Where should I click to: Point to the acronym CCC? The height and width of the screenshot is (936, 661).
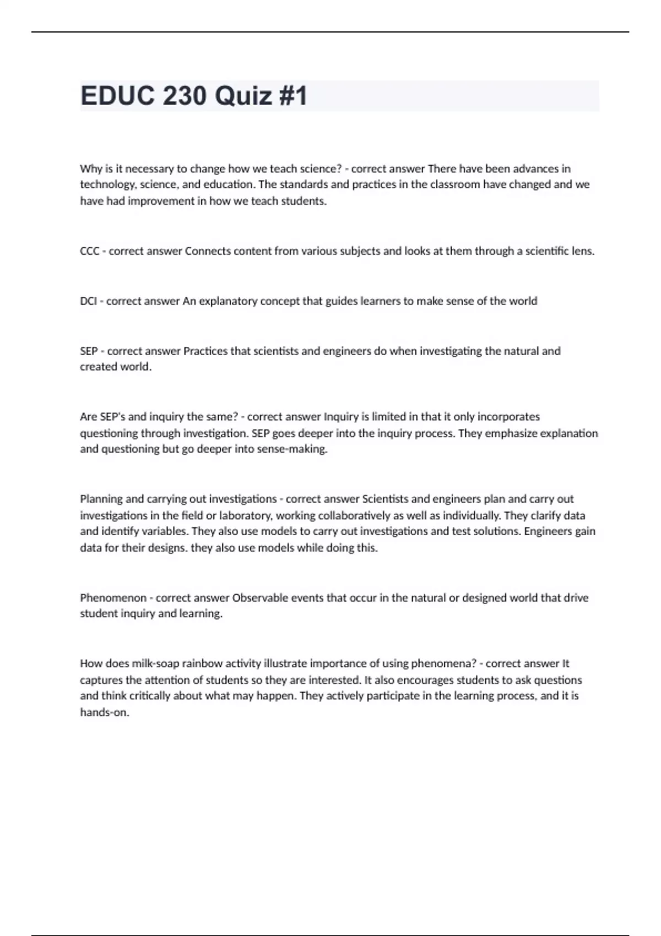click(90, 252)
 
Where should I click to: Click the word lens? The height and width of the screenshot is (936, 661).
click(583, 252)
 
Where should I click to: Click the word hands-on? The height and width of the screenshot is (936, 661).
click(104, 713)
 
